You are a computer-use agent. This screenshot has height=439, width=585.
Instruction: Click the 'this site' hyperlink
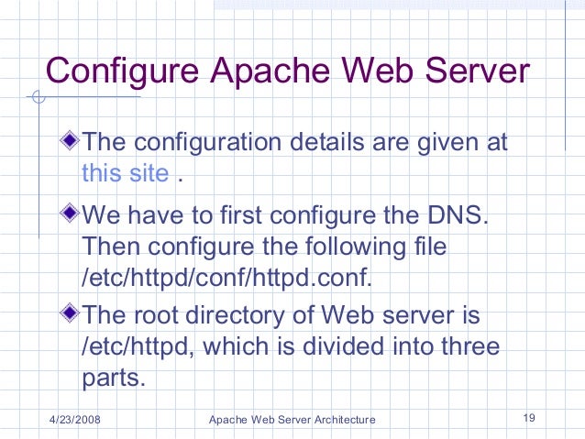(125, 173)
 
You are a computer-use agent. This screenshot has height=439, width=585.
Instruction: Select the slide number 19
(528, 419)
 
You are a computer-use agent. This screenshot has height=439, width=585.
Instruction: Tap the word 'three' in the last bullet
(468, 347)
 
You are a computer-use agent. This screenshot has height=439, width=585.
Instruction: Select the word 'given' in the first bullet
(442, 145)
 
